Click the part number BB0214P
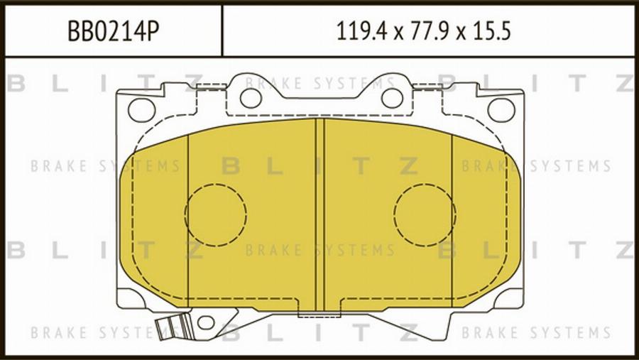(x=113, y=31)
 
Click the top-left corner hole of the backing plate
(x=141, y=109)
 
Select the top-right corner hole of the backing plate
(x=501, y=109)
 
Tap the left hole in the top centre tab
(x=251, y=98)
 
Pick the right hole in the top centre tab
(x=392, y=98)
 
